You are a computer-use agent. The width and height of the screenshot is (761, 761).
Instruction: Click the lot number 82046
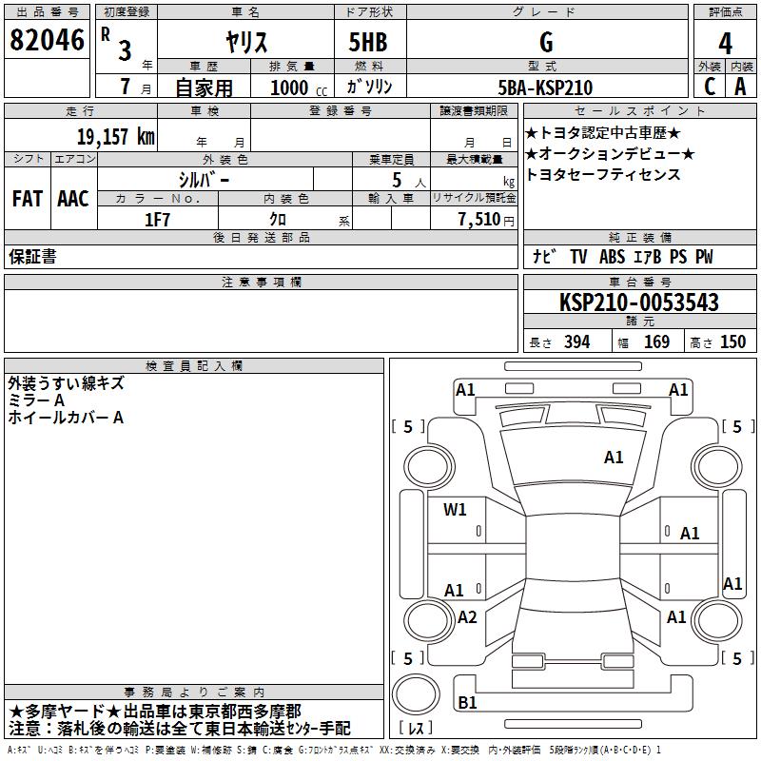pyautogui.click(x=47, y=40)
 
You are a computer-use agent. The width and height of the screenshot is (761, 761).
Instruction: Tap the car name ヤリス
pyautogui.click(x=246, y=42)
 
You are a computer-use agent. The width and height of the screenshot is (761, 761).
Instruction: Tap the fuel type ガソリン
pyautogui.click(x=370, y=88)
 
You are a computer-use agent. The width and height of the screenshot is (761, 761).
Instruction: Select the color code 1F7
pyautogui.click(x=157, y=219)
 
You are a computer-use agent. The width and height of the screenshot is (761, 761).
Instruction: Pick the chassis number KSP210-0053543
pyautogui.click(x=638, y=303)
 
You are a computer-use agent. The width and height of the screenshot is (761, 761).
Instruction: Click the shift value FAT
pyautogui.click(x=27, y=199)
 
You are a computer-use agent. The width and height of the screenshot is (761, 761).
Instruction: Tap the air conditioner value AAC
pyautogui.click(x=73, y=199)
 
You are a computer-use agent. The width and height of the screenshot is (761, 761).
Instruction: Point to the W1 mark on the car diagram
pyautogui.click(x=455, y=510)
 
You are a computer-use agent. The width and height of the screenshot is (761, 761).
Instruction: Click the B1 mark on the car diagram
pyautogui.click(x=467, y=702)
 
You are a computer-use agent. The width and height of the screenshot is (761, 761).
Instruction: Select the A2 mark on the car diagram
pyautogui.click(x=467, y=617)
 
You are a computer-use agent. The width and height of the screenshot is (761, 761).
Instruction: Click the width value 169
pyautogui.click(x=657, y=341)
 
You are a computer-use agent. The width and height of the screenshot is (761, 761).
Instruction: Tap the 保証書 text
pyautogui.click(x=32, y=257)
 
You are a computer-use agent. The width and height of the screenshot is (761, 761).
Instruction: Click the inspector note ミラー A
pyautogui.click(x=36, y=400)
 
